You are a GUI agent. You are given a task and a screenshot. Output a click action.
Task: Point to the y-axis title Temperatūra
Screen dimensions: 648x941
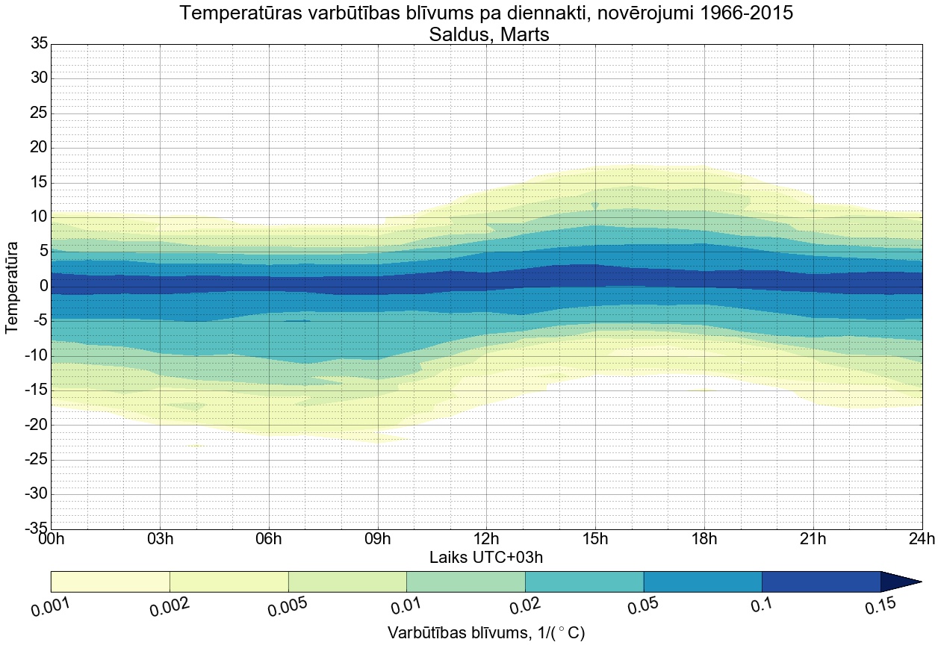pyautogui.click(x=12, y=286)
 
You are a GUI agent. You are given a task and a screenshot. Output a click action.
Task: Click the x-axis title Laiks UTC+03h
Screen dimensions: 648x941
pyautogui.click(x=486, y=557)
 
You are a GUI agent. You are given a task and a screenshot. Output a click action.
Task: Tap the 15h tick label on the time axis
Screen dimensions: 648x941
pyautogui.click(x=595, y=540)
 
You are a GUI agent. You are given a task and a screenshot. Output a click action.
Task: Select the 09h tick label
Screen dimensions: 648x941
pyautogui.click(x=378, y=540)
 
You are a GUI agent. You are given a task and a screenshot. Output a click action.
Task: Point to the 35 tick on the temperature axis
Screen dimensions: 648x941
pyautogui.click(x=39, y=44)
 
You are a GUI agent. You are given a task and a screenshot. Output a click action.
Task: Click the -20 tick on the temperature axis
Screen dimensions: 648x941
pyautogui.click(x=35, y=425)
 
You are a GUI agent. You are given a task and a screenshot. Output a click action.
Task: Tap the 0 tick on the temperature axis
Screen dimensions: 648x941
pyautogui.click(x=43, y=286)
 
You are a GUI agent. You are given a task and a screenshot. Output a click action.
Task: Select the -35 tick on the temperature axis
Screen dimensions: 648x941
pyautogui.click(x=35, y=529)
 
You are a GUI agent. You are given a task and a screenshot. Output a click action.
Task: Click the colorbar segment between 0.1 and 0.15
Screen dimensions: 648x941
pyautogui.click(x=821, y=582)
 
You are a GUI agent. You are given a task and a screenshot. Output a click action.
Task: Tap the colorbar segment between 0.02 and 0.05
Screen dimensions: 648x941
pyautogui.click(x=584, y=582)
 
